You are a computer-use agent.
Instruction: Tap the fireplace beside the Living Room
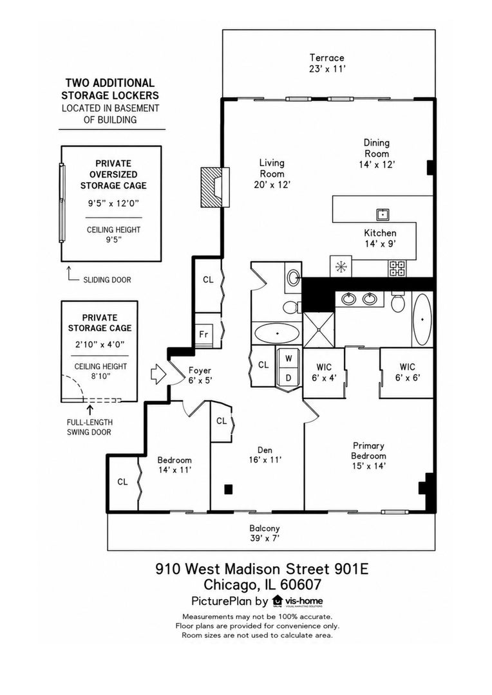point(215,187)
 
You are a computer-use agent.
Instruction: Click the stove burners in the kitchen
point(397,268)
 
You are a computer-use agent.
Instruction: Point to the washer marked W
point(289,358)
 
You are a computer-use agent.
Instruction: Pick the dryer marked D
point(289,378)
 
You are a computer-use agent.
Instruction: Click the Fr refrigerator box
point(204,334)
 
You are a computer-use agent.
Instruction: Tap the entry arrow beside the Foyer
point(158,374)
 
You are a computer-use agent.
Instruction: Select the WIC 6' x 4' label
point(323,373)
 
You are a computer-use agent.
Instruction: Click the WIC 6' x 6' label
point(407,373)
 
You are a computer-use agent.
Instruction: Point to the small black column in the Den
point(228,489)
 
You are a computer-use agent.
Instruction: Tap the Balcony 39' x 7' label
point(265,533)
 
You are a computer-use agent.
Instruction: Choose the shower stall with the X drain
point(319,328)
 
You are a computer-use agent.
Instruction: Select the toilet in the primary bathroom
point(398,302)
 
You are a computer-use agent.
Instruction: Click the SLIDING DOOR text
point(107,280)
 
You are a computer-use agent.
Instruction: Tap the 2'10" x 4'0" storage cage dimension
point(100,344)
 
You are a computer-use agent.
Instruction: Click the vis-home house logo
point(278,600)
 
